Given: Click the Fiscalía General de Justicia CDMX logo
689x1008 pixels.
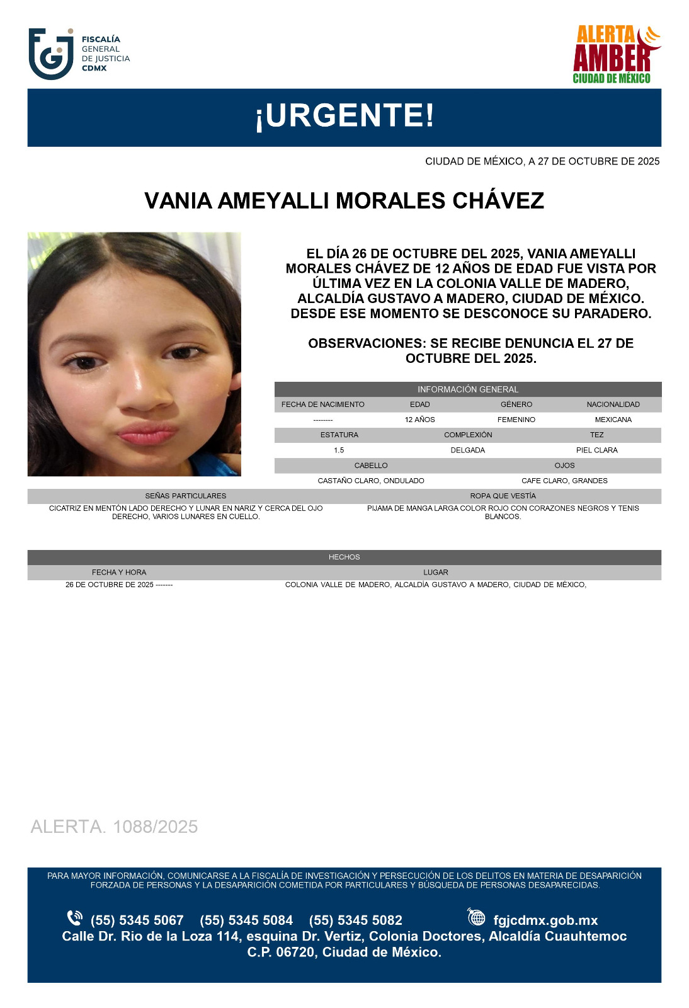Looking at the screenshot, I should pyautogui.click(x=79, y=54).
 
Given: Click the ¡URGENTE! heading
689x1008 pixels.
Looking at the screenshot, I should pyautogui.click(x=344, y=117).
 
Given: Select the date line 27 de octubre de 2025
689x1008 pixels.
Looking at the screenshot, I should pyautogui.click(x=542, y=161).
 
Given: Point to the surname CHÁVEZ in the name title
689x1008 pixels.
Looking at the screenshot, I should pyautogui.click(x=498, y=201).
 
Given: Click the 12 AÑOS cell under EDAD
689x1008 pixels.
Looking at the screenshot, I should pyautogui.click(x=419, y=420).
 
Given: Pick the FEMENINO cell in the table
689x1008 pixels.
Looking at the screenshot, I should pyautogui.click(x=516, y=420).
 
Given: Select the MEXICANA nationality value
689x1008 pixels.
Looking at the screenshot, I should pyautogui.click(x=613, y=420).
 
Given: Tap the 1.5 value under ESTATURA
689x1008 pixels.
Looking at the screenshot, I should pyautogui.click(x=339, y=450).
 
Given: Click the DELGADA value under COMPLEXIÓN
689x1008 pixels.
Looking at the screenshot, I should pyautogui.click(x=468, y=450).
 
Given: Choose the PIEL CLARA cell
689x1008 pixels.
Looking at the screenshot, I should pyautogui.click(x=596, y=450).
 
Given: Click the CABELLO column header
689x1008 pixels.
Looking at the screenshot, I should pyautogui.click(x=371, y=466).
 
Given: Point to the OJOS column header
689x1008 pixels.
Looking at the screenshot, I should pyautogui.click(x=564, y=466).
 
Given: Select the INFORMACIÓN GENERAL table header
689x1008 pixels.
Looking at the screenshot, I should pyautogui.click(x=468, y=389).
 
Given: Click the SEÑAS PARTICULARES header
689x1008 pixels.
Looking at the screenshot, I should pyautogui.click(x=186, y=496).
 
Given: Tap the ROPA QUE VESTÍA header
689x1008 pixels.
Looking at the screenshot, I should pyautogui.click(x=503, y=496).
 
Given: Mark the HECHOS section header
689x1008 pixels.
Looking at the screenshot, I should pyautogui.click(x=344, y=557).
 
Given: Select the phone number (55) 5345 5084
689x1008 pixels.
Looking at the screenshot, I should pyautogui.click(x=246, y=920).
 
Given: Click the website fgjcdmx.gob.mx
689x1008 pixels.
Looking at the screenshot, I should pyautogui.click(x=545, y=920).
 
